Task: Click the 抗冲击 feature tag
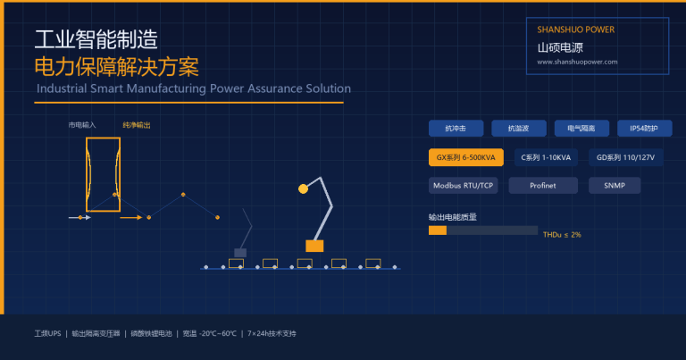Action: click(x=456, y=128)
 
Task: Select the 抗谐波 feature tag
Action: click(x=519, y=128)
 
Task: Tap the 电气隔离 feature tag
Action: click(x=581, y=128)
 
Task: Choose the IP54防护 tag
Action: click(x=644, y=128)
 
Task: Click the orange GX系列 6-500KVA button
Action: click(x=466, y=157)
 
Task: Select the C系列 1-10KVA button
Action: click(x=546, y=157)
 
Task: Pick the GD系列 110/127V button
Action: click(x=625, y=157)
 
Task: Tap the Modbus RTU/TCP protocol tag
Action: click(x=463, y=186)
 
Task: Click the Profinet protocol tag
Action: click(x=543, y=186)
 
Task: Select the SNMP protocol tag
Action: click(x=615, y=186)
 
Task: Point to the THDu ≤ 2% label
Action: click(x=562, y=235)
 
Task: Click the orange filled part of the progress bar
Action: click(x=438, y=230)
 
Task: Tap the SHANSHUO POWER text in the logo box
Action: click(x=576, y=29)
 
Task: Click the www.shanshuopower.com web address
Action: click(x=578, y=62)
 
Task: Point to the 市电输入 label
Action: click(x=82, y=125)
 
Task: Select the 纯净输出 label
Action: click(x=137, y=125)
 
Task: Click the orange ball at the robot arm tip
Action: click(x=303, y=189)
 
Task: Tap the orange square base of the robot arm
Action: click(x=314, y=246)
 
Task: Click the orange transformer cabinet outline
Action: click(x=87, y=175)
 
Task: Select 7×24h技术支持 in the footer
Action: click(x=272, y=333)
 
